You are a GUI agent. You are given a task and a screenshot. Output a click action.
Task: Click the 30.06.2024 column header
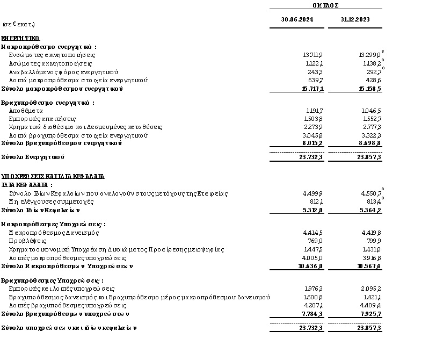[297, 19]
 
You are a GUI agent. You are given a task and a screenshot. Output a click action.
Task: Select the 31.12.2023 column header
[354, 19]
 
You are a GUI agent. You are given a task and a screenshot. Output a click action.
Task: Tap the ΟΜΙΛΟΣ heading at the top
[325, 4]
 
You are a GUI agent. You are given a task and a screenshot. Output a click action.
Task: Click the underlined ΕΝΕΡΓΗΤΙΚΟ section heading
[20, 38]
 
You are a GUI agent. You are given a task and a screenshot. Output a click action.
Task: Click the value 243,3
[315, 72]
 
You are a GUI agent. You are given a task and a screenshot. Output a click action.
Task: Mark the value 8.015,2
[312, 143]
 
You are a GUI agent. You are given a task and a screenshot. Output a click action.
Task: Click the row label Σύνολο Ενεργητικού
[33, 157]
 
